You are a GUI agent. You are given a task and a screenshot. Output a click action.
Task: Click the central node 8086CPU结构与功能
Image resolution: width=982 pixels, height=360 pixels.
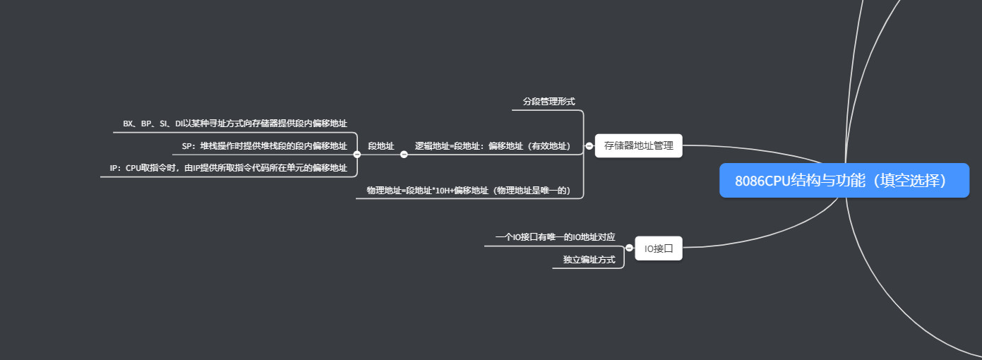pos(844,180)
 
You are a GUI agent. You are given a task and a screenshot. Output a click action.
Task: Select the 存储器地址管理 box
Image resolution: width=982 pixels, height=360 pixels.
pos(638,146)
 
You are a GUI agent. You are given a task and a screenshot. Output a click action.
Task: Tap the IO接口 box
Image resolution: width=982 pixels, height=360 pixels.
pos(658,248)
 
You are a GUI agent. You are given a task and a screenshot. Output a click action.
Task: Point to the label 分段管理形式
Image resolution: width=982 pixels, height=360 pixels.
pos(549,102)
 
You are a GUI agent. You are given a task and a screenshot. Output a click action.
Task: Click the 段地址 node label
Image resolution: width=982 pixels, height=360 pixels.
pos(381,146)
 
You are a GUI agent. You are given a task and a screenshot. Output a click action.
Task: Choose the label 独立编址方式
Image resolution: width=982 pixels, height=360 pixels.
pos(589,260)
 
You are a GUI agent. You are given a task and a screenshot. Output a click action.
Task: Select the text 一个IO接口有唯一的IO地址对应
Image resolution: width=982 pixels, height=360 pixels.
pos(555,237)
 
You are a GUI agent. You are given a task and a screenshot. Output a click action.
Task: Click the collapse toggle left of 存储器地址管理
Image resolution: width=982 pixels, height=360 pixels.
pos(589,146)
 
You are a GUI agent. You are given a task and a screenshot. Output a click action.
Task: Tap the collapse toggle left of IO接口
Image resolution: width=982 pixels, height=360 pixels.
pos(629,248)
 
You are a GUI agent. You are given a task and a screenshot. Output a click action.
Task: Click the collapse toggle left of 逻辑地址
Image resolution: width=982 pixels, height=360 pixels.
pos(404,154)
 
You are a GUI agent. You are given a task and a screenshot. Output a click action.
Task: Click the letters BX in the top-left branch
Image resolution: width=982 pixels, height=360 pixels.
pos(128,124)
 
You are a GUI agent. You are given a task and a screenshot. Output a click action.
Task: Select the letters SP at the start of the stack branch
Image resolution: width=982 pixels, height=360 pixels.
pos(188,146)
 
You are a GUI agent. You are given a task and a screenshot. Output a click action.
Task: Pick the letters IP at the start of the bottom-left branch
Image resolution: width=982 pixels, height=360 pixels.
pos(114,168)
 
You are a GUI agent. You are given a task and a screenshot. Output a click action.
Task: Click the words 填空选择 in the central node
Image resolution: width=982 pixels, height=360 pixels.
pos(915,180)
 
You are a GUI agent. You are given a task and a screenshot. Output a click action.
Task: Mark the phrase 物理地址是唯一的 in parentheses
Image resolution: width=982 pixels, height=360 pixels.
pos(532,191)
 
